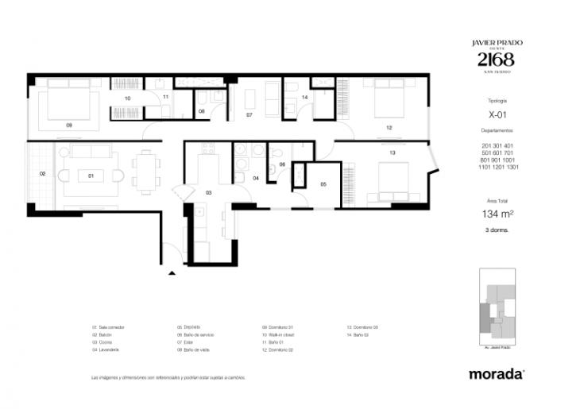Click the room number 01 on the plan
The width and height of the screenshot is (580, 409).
[x=91, y=175]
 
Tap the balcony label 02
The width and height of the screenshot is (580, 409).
[x=42, y=174]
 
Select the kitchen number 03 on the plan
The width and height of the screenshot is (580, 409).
[x=209, y=193]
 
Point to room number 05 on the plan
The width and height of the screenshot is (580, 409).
[x=323, y=184]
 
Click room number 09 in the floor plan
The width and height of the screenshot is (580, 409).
[x=69, y=125]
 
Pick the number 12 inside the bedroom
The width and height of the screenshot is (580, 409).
[x=389, y=127]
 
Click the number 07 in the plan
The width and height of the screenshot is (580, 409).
[x=249, y=115]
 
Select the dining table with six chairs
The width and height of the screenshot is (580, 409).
[x=145, y=172]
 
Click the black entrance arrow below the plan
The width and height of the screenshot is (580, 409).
[x=172, y=273]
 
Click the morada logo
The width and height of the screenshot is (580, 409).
[x=496, y=372]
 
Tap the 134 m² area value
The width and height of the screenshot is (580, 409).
[x=496, y=214]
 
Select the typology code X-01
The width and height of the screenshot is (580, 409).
[x=497, y=114]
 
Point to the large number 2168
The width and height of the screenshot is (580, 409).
[x=496, y=60]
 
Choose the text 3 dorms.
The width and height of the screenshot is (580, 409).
[x=496, y=230]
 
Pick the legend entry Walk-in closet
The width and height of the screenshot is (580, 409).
[x=280, y=335]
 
